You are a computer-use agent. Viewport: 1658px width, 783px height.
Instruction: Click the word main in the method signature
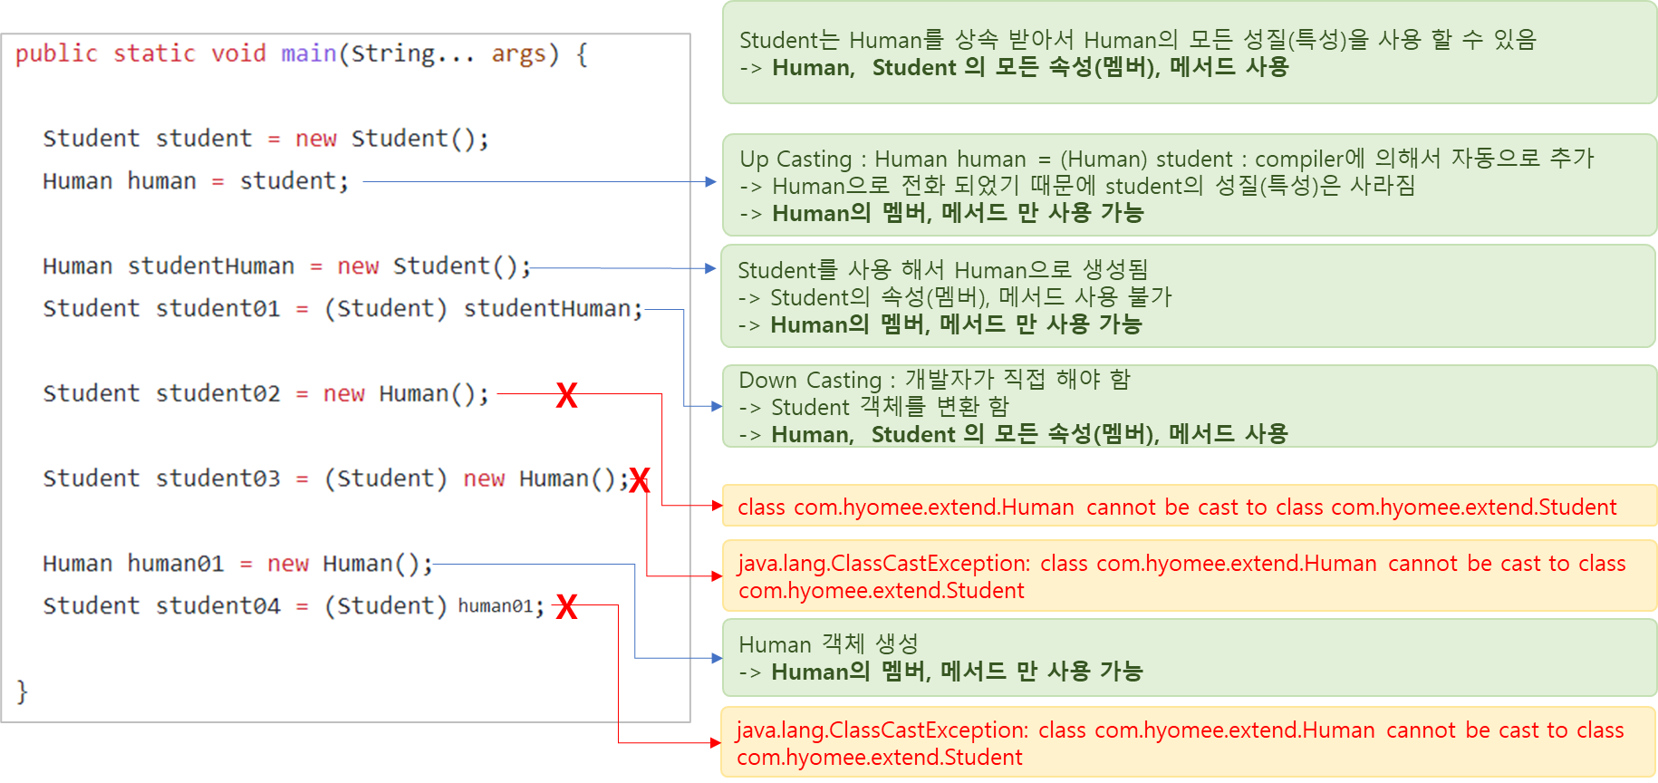[308, 53]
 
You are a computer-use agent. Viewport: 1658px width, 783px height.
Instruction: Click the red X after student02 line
[566, 395]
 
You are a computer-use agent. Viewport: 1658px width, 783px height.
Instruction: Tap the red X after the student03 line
[640, 480]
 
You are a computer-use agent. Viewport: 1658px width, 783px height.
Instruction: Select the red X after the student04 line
[566, 606]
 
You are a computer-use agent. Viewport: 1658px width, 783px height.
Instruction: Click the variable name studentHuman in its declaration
[211, 266]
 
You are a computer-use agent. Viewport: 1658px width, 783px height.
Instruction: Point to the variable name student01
[217, 309]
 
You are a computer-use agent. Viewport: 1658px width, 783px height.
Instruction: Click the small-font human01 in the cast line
[495, 606]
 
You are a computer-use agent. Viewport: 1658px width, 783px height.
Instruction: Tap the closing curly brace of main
[23, 691]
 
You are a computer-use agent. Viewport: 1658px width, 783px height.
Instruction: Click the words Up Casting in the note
[795, 159]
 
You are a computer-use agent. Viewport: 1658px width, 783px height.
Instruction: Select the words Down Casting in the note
[810, 381]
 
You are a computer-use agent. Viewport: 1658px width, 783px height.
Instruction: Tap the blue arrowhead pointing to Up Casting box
[712, 182]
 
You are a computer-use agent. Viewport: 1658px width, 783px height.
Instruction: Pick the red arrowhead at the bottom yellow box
[716, 743]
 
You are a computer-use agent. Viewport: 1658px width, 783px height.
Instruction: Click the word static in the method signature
[154, 53]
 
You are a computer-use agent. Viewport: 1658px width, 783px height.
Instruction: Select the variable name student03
[217, 478]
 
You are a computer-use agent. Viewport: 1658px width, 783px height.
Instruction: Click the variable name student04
[217, 606]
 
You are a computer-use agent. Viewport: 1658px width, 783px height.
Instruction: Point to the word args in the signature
[519, 53]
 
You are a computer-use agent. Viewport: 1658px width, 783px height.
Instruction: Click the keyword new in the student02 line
[344, 394]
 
